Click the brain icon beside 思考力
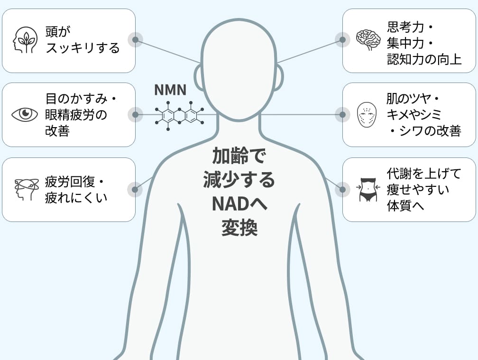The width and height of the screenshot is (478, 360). pyautogui.click(x=368, y=40)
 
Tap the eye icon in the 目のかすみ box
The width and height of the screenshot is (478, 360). pyautogui.click(x=25, y=114)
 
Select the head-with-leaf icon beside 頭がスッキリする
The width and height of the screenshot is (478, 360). pyautogui.click(x=25, y=40)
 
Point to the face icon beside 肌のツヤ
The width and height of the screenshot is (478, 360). pyautogui.click(x=367, y=115)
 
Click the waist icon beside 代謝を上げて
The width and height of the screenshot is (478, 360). pyautogui.click(x=368, y=190)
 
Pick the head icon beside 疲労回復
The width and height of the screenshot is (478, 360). pyautogui.click(x=26, y=190)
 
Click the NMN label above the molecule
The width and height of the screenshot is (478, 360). pyautogui.click(x=170, y=90)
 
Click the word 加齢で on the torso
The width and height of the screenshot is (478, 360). pyautogui.click(x=239, y=155)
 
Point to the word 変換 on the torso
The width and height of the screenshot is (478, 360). pyautogui.click(x=239, y=229)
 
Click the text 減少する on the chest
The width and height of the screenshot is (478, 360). pyautogui.click(x=239, y=180)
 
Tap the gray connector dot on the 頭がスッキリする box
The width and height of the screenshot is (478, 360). pyautogui.click(x=135, y=40)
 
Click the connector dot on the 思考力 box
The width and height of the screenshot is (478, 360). pyautogui.click(x=342, y=40)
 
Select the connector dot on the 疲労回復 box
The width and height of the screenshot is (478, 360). pyautogui.click(x=135, y=190)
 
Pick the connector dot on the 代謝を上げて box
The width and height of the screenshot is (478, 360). pyautogui.click(x=342, y=190)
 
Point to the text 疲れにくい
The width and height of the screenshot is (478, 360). pyautogui.click(x=76, y=197)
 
